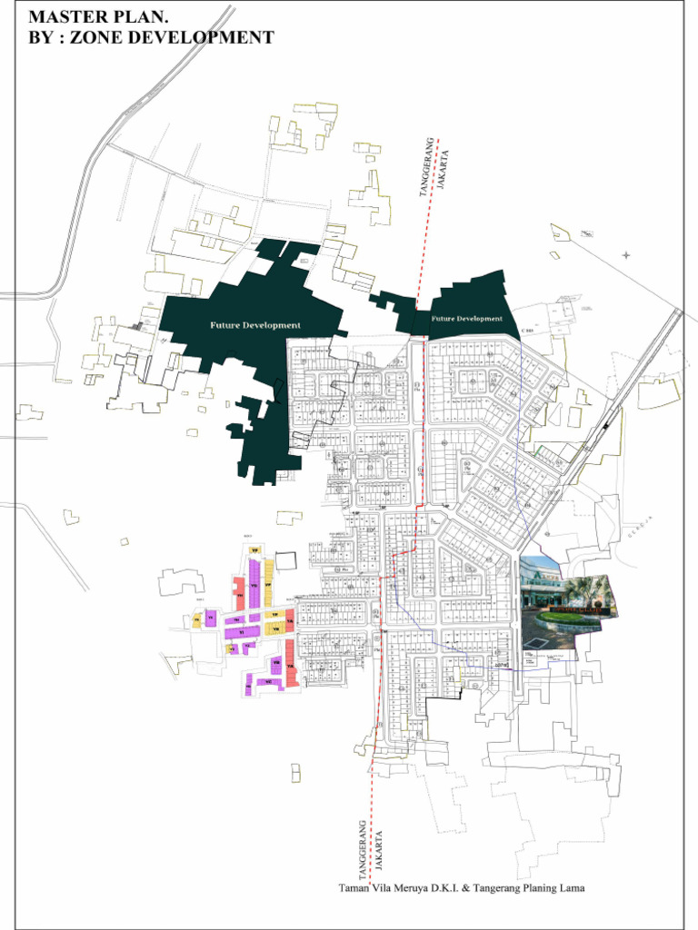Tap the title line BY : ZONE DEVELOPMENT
(x=151, y=37)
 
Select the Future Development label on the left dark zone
(x=255, y=325)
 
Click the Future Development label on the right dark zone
(x=466, y=319)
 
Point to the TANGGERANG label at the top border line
(x=424, y=167)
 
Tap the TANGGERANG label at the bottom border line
(x=362, y=849)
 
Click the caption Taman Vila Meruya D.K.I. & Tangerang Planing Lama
(x=462, y=887)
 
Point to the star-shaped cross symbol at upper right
(x=625, y=255)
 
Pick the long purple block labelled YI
(x=242, y=631)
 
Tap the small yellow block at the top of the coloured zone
(x=255, y=550)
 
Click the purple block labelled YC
(x=268, y=681)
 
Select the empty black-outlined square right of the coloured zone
(x=286, y=560)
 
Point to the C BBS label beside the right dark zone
(x=528, y=331)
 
